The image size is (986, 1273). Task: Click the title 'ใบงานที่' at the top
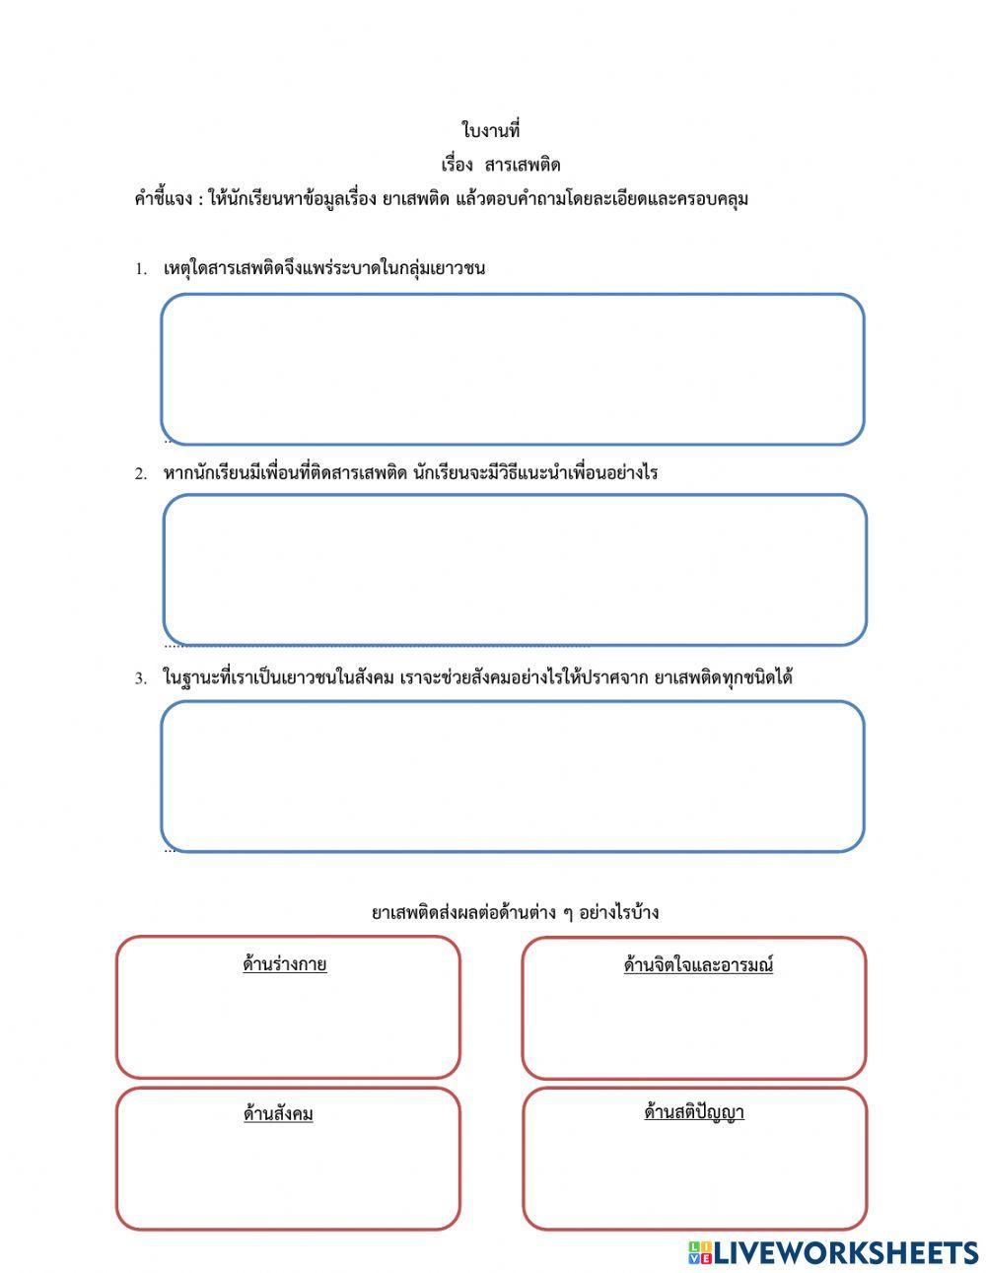[x=490, y=130]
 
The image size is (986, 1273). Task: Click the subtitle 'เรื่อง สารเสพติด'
[x=500, y=165]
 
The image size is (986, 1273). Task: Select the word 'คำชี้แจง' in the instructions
[x=163, y=199]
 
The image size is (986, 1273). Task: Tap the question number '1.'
[x=141, y=269]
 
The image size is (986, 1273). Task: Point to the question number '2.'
[x=141, y=473]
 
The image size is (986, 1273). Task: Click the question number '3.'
[x=141, y=678]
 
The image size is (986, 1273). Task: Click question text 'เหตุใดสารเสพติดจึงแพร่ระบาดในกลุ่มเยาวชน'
[x=323, y=268]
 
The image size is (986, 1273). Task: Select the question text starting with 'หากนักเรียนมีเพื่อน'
[x=410, y=472]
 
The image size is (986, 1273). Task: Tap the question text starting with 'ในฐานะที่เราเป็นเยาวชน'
[x=478, y=677]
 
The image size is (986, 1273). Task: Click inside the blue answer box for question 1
[x=513, y=369]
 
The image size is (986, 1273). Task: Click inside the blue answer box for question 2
[x=515, y=570]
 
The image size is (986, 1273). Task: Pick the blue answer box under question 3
[x=513, y=776]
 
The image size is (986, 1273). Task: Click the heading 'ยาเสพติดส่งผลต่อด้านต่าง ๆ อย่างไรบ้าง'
[x=515, y=912]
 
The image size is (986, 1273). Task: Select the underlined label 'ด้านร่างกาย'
[x=285, y=964]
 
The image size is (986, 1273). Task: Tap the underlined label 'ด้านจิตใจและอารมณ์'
[x=698, y=965]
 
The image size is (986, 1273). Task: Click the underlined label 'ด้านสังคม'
[x=278, y=1114]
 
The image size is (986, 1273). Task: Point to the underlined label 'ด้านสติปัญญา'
[x=694, y=1112]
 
